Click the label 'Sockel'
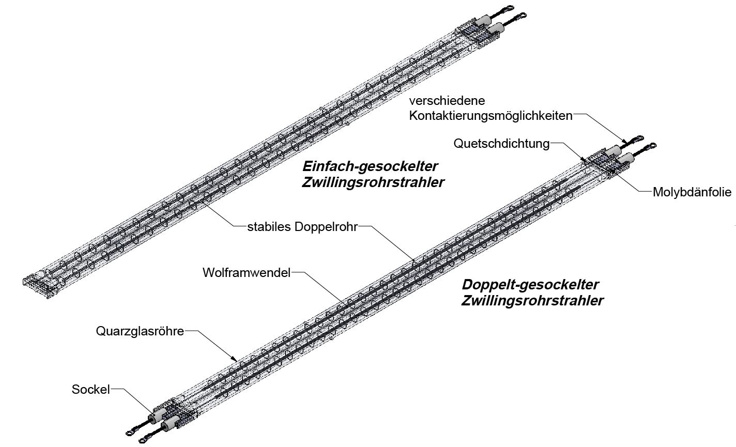click(90, 390)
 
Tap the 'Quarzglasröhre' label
click(140, 331)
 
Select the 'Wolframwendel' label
click(247, 272)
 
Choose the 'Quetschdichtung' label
click(501, 143)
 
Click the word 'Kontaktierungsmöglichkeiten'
click(490, 115)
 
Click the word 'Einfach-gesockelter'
click(370, 167)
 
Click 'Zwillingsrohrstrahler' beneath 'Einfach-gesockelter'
click(373, 183)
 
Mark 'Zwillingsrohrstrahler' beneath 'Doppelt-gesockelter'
click(532, 301)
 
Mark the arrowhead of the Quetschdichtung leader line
click(584, 161)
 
